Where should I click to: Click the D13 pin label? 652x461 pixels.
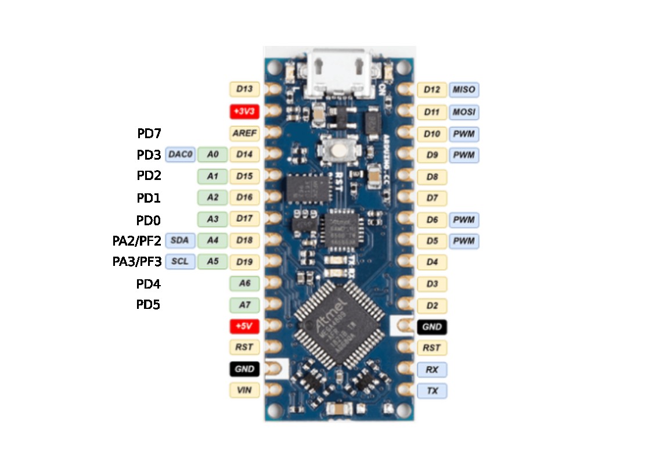pyautogui.click(x=244, y=89)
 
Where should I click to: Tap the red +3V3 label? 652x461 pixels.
pyautogui.click(x=244, y=111)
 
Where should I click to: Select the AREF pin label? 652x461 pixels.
pyautogui.click(x=244, y=133)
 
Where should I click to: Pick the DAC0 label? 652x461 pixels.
pyautogui.click(x=180, y=154)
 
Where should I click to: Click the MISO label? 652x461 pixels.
pyautogui.click(x=464, y=90)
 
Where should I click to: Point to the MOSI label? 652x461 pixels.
pyautogui.click(x=464, y=111)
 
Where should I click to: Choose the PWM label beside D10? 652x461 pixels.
pyautogui.click(x=464, y=134)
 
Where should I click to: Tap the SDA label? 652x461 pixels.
pyautogui.click(x=180, y=240)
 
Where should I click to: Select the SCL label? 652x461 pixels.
pyautogui.click(x=180, y=261)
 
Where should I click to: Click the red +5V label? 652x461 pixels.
pyautogui.click(x=244, y=326)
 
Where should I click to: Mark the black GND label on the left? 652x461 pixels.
pyautogui.click(x=244, y=369)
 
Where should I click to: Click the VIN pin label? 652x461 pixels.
pyautogui.click(x=244, y=390)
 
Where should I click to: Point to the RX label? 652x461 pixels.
pyautogui.click(x=432, y=369)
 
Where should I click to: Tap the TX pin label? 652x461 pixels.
pyautogui.click(x=432, y=391)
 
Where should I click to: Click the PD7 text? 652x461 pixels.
pyautogui.click(x=149, y=134)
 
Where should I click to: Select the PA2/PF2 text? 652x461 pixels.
pyautogui.click(x=137, y=240)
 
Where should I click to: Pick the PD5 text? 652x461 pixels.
pyautogui.click(x=148, y=304)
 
